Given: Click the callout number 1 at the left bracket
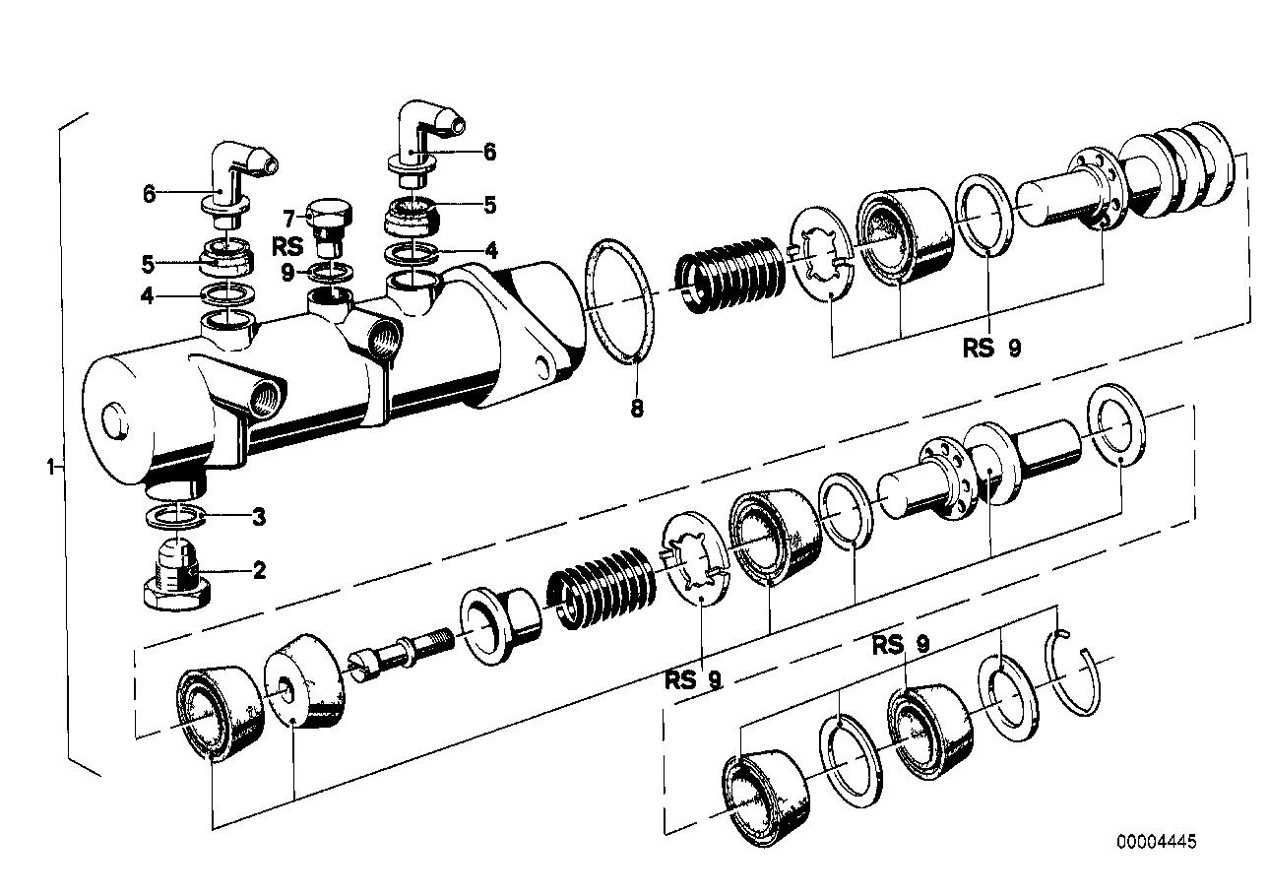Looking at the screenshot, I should (50, 464).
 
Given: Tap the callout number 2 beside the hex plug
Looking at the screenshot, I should (260, 569).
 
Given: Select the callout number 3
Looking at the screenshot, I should (259, 515).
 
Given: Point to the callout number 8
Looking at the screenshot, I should (637, 407).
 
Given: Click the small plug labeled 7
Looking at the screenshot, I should (327, 224).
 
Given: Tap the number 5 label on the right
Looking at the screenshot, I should (489, 206).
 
